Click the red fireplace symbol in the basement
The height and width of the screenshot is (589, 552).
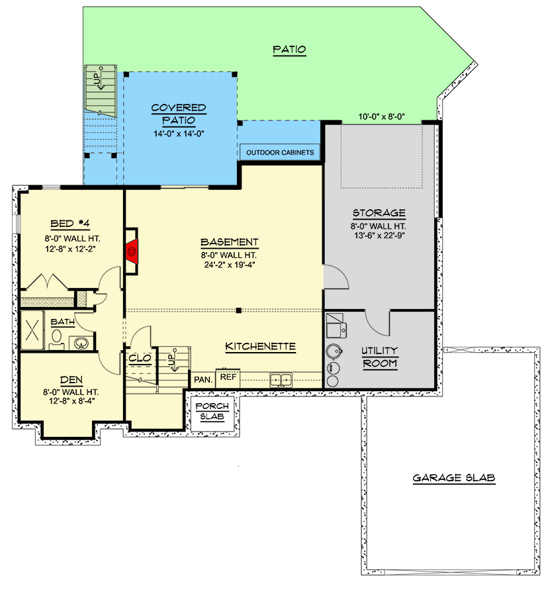point(132,251)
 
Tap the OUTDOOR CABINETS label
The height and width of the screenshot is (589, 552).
point(279,153)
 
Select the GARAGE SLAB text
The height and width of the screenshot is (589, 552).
point(454,478)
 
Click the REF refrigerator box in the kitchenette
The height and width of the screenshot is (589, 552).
point(228,377)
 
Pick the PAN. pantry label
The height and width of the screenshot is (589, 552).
point(203,380)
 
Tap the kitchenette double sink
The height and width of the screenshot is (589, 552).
point(281,380)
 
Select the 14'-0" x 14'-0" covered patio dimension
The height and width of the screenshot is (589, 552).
point(178,133)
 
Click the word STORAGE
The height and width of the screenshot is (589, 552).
point(379,212)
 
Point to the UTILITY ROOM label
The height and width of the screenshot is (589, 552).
point(379,357)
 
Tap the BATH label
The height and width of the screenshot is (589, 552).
point(62,322)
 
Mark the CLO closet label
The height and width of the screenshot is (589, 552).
point(141,358)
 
